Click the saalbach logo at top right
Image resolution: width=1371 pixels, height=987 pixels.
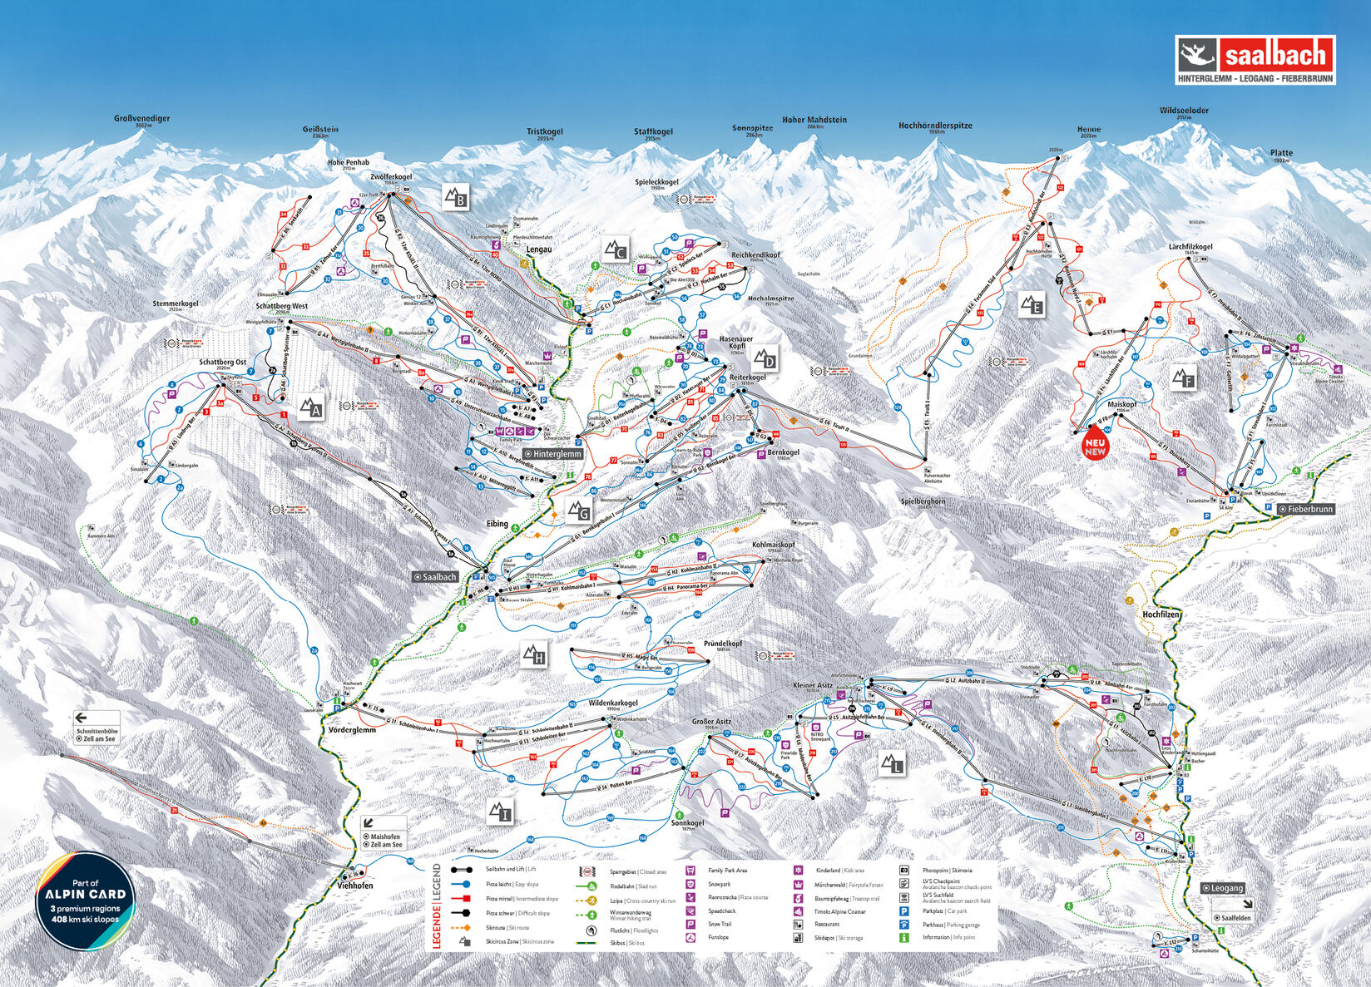[x=1255, y=59]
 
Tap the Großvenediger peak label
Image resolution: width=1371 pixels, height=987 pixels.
[x=141, y=119]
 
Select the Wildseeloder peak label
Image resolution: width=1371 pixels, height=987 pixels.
[x=1184, y=111]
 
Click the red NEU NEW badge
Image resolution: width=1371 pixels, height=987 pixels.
[x=1095, y=447]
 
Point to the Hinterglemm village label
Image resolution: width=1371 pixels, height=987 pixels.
[x=553, y=454]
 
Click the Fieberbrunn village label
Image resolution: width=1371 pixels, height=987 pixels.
[x=1306, y=509]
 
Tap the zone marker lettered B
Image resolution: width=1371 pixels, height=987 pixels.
[x=455, y=197]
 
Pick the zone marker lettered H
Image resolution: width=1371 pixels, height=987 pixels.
[x=534, y=654]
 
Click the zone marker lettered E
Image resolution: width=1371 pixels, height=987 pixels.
[x=1032, y=305]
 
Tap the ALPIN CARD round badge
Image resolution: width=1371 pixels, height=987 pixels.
[x=87, y=901]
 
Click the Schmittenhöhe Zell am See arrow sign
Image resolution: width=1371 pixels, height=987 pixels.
[x=97, y=728]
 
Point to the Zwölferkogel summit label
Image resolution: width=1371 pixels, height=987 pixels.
[x=391, y=177]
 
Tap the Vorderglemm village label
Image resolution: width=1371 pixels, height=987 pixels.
[x=348, y=729]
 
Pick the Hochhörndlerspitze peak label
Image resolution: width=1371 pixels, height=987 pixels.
[x=935, y=126]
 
